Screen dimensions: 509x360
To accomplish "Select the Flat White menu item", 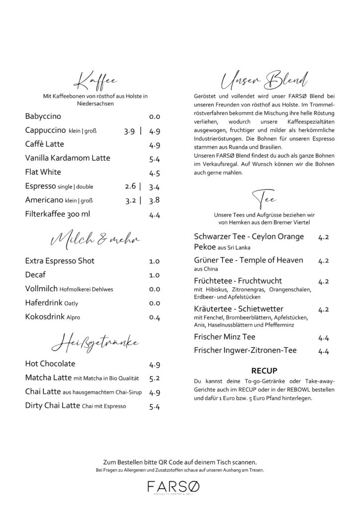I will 43,172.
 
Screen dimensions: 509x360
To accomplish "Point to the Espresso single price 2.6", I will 130,187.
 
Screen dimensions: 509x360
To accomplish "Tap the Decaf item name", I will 35,275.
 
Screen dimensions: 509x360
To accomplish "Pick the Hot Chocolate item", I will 50,364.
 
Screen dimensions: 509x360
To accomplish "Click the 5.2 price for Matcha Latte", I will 154,378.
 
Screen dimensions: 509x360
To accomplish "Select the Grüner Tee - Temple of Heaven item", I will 255,260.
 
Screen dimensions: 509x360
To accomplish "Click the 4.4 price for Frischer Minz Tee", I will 324,338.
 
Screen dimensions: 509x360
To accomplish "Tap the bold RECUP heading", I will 264,370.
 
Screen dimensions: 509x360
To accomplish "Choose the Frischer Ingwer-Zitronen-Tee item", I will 245,350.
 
